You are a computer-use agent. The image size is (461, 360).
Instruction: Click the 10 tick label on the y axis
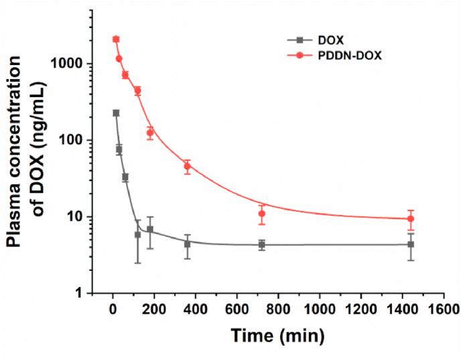84,217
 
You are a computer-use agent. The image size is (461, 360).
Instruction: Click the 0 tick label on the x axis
113,309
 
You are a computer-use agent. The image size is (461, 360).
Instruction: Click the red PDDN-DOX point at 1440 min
411,219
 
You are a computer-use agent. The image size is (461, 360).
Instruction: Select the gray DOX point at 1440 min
411,245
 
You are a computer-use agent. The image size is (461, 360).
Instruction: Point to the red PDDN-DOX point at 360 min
188,166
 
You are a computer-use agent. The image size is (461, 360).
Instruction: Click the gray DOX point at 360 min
188,244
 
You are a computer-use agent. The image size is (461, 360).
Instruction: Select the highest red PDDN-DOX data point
116,40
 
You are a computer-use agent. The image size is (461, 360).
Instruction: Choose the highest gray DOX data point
116,113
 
